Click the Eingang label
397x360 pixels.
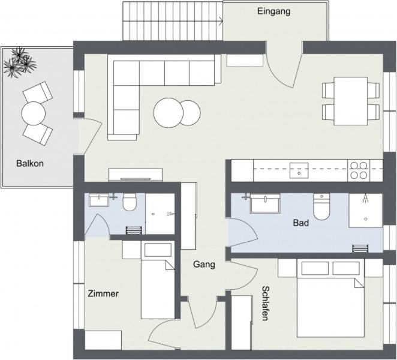(x=273, y=11)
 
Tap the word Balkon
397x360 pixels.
(x=30, y=163)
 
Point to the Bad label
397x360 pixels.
(x=301, y=223)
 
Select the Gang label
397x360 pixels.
(x=204, y=265)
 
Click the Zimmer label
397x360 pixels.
(x=103, y=293)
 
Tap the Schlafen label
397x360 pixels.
(x=265, y=304)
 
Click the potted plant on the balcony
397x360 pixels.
(x=20, y=62)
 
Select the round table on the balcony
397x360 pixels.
(x=34, y=113)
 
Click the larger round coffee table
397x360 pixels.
(x=169, y=112)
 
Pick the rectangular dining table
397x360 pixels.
(x=351, y=101)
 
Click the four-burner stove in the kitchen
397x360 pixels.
(x=359, y=170)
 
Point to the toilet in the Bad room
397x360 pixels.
(x=321, y=206)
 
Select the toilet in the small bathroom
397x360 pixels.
(x=130, y=202)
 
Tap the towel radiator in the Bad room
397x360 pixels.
(x=360, y=248)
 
